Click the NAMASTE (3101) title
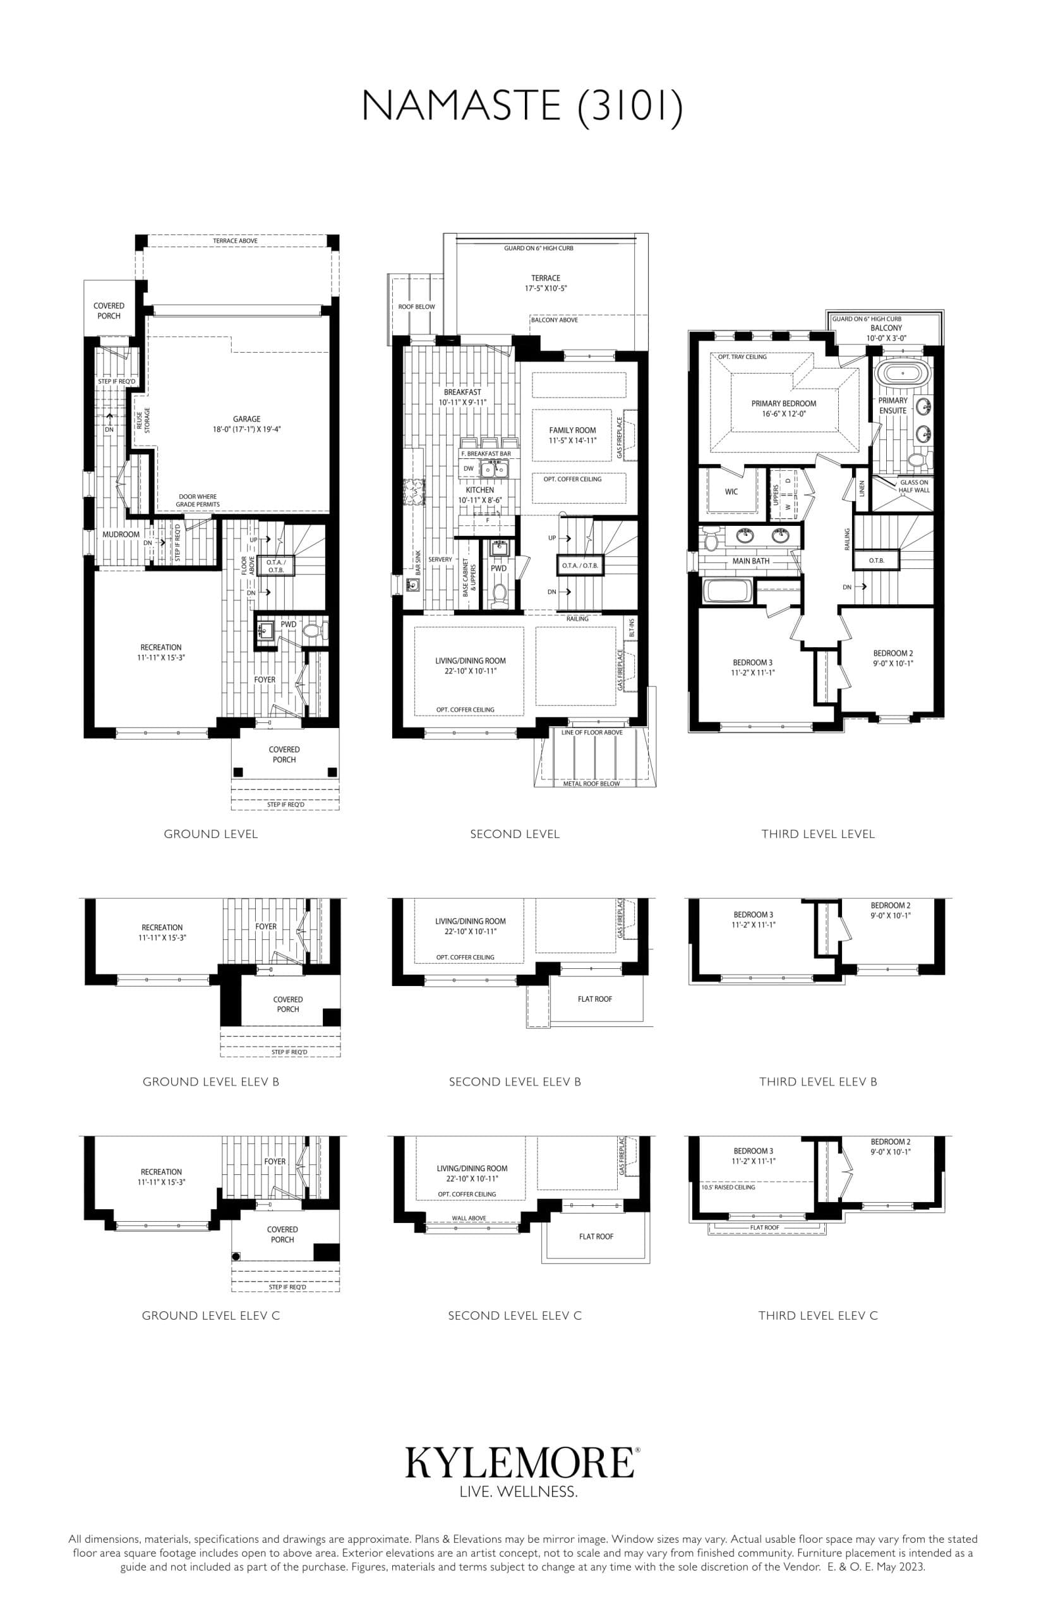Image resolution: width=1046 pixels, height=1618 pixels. (x=522, y=107)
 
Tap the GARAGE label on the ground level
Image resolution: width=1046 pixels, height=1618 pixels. (x=246, y=419)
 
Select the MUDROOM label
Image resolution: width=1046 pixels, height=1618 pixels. (x=121, y=535)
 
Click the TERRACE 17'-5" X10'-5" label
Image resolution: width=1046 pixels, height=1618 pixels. (x=545, y=283)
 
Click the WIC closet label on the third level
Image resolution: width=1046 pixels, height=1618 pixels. (x=731, y=492)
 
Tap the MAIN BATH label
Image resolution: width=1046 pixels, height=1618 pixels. (x=750, y=561)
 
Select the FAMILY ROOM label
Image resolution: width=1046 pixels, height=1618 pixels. (x=572, y=430)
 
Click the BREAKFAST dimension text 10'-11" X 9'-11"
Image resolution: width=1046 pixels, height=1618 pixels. (x=462, y=403)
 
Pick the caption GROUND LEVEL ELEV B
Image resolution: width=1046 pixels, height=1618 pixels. (x=210, y=1082)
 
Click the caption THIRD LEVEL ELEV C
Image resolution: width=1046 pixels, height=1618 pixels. (x=818, y=1316)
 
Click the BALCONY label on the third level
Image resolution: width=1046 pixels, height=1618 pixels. (x=886, y=327)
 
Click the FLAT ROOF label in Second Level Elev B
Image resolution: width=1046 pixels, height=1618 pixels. (x=594, y=999)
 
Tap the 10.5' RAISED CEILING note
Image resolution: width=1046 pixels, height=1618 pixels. (x=728, y=1187)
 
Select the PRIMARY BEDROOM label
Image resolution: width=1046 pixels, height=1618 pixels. (x=783, y=404)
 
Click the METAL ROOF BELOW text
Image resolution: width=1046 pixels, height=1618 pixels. (x=591, y=784)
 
